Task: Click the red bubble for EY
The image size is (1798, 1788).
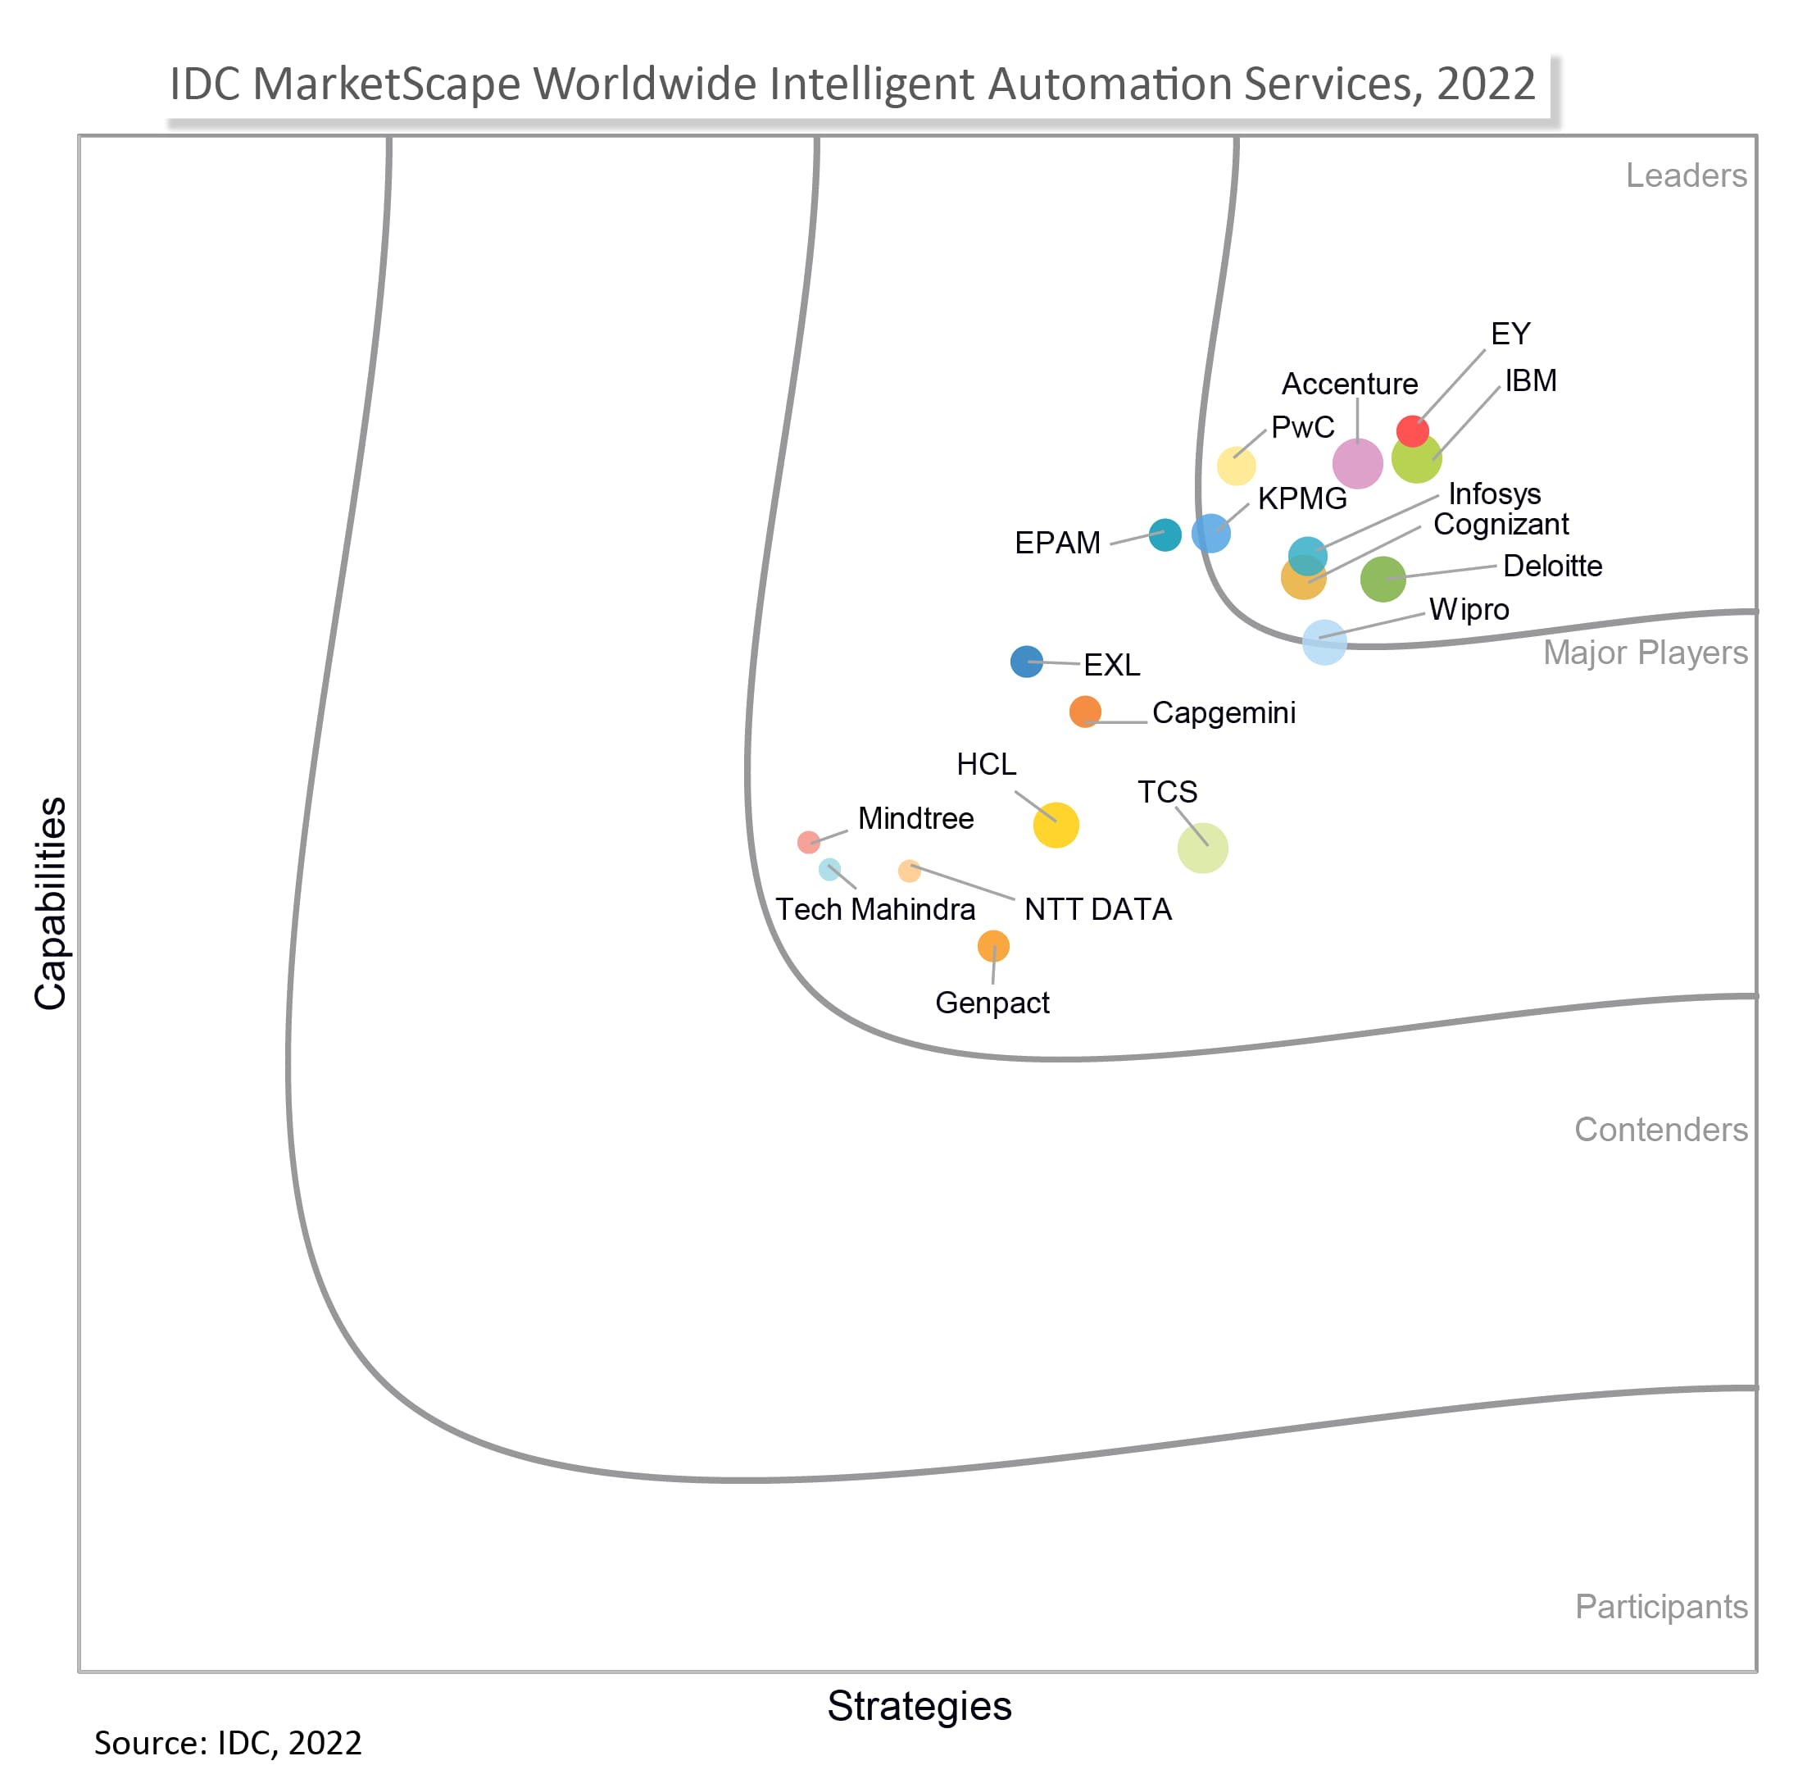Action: [x=1413, y=431]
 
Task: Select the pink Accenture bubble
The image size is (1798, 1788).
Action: [x=1357, y=463]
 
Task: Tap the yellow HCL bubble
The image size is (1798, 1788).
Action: [x=1056, y=825]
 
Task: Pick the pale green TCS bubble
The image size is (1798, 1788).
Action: [x=1202, y=848]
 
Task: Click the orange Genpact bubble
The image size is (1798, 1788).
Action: [x=993, y=946]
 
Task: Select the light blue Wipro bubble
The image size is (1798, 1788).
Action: [x=1324, y=642]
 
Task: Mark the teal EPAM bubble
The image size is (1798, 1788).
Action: [x=1165, y=535]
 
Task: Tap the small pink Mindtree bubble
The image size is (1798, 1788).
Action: [x=808, y=842]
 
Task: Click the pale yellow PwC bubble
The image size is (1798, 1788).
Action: [x=1236, y=466]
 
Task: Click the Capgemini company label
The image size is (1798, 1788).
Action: [x=1223, y=713]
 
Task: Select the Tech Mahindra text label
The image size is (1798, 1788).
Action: [x=874, y=909]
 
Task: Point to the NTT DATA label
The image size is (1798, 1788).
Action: [x=1097, y=909]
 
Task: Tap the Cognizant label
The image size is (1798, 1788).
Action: [x=1501, y=525]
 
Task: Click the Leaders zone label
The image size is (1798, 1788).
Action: [x=1686, y=176]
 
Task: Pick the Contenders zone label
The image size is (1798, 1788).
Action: [x=1660, y=1129]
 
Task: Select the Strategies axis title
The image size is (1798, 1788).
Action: [x=919, y=1706]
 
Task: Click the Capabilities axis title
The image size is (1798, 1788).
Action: [x=50, y=903]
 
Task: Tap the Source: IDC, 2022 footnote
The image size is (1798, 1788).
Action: [x=228, y=1744]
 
